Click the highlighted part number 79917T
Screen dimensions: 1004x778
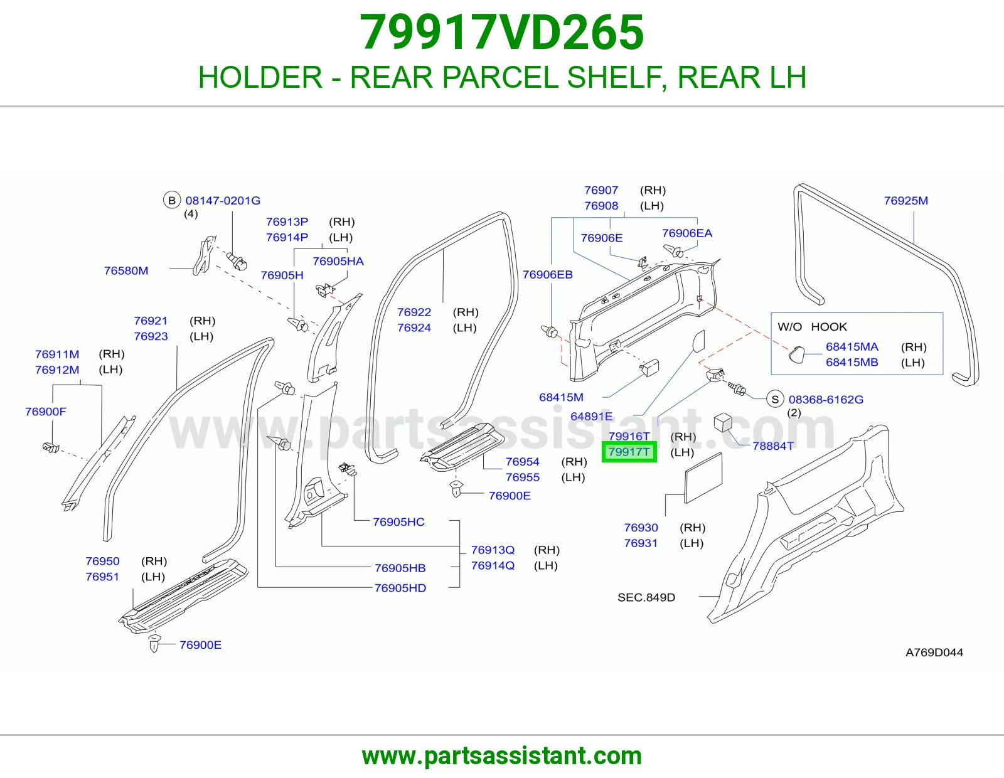pyautogui.click(x=629, y=451)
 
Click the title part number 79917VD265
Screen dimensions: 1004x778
pyautogui.click(x=502, y=33)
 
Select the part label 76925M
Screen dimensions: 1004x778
pyautogui.click(x=905, y=201)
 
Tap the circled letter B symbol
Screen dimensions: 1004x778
pyautogui.click(x=171, y=201)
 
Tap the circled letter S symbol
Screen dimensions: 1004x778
pyautogui.click(x=775, y=399)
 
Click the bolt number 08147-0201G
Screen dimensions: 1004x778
pyautogui.click(x=223, y=201)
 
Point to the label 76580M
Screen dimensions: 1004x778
pyautogui.click(x=126, y=270)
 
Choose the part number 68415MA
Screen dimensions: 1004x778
pyautogui.click(x=852, y=346)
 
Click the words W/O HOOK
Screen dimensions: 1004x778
pyautogui.click(x=812, y=327)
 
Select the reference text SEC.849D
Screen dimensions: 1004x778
pyautogui.click(x=646, y=597)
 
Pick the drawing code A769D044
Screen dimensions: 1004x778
pyautogui.click(x=934, y=653)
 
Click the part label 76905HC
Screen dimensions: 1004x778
pyautogui.click(x=398, y=521)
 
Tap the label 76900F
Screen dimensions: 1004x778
pyautogui.click(x=46, y=411)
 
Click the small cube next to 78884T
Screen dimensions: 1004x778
pyautogui.click(x=723, y=422)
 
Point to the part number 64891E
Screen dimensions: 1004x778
pyautogui.click(x=591, y=416)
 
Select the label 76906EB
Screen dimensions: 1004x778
pyautogui.click(x=548, y=274)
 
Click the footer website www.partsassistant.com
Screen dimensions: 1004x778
pyautogui.click(x=502, y=756)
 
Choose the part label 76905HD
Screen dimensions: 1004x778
pyautogui.click(x=400, y=588)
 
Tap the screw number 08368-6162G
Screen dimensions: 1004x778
pyautogui.click(x=826, y=399)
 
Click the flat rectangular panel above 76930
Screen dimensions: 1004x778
pyautogui.click(x=703, y=477)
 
